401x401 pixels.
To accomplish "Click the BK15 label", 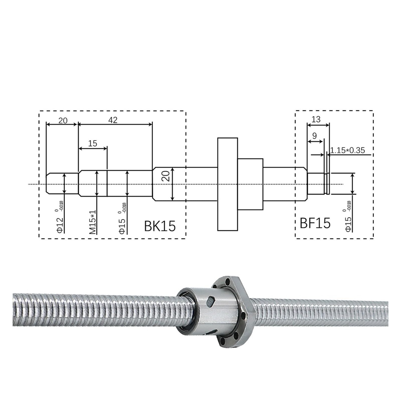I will click(x=160, y=226).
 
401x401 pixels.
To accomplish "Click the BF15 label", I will click(x=315, y=223).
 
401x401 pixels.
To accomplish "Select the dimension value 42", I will click(x=113, y=120).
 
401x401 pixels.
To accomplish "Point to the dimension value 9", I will click(x=314, y=136).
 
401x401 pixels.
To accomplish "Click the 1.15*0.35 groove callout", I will click(x=347, y=150).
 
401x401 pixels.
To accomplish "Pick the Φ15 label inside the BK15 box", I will click(x=122, y=225).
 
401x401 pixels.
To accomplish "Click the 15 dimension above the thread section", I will click(x=92, y=143).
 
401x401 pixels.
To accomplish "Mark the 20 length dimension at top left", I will click(x=63, y=121).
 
